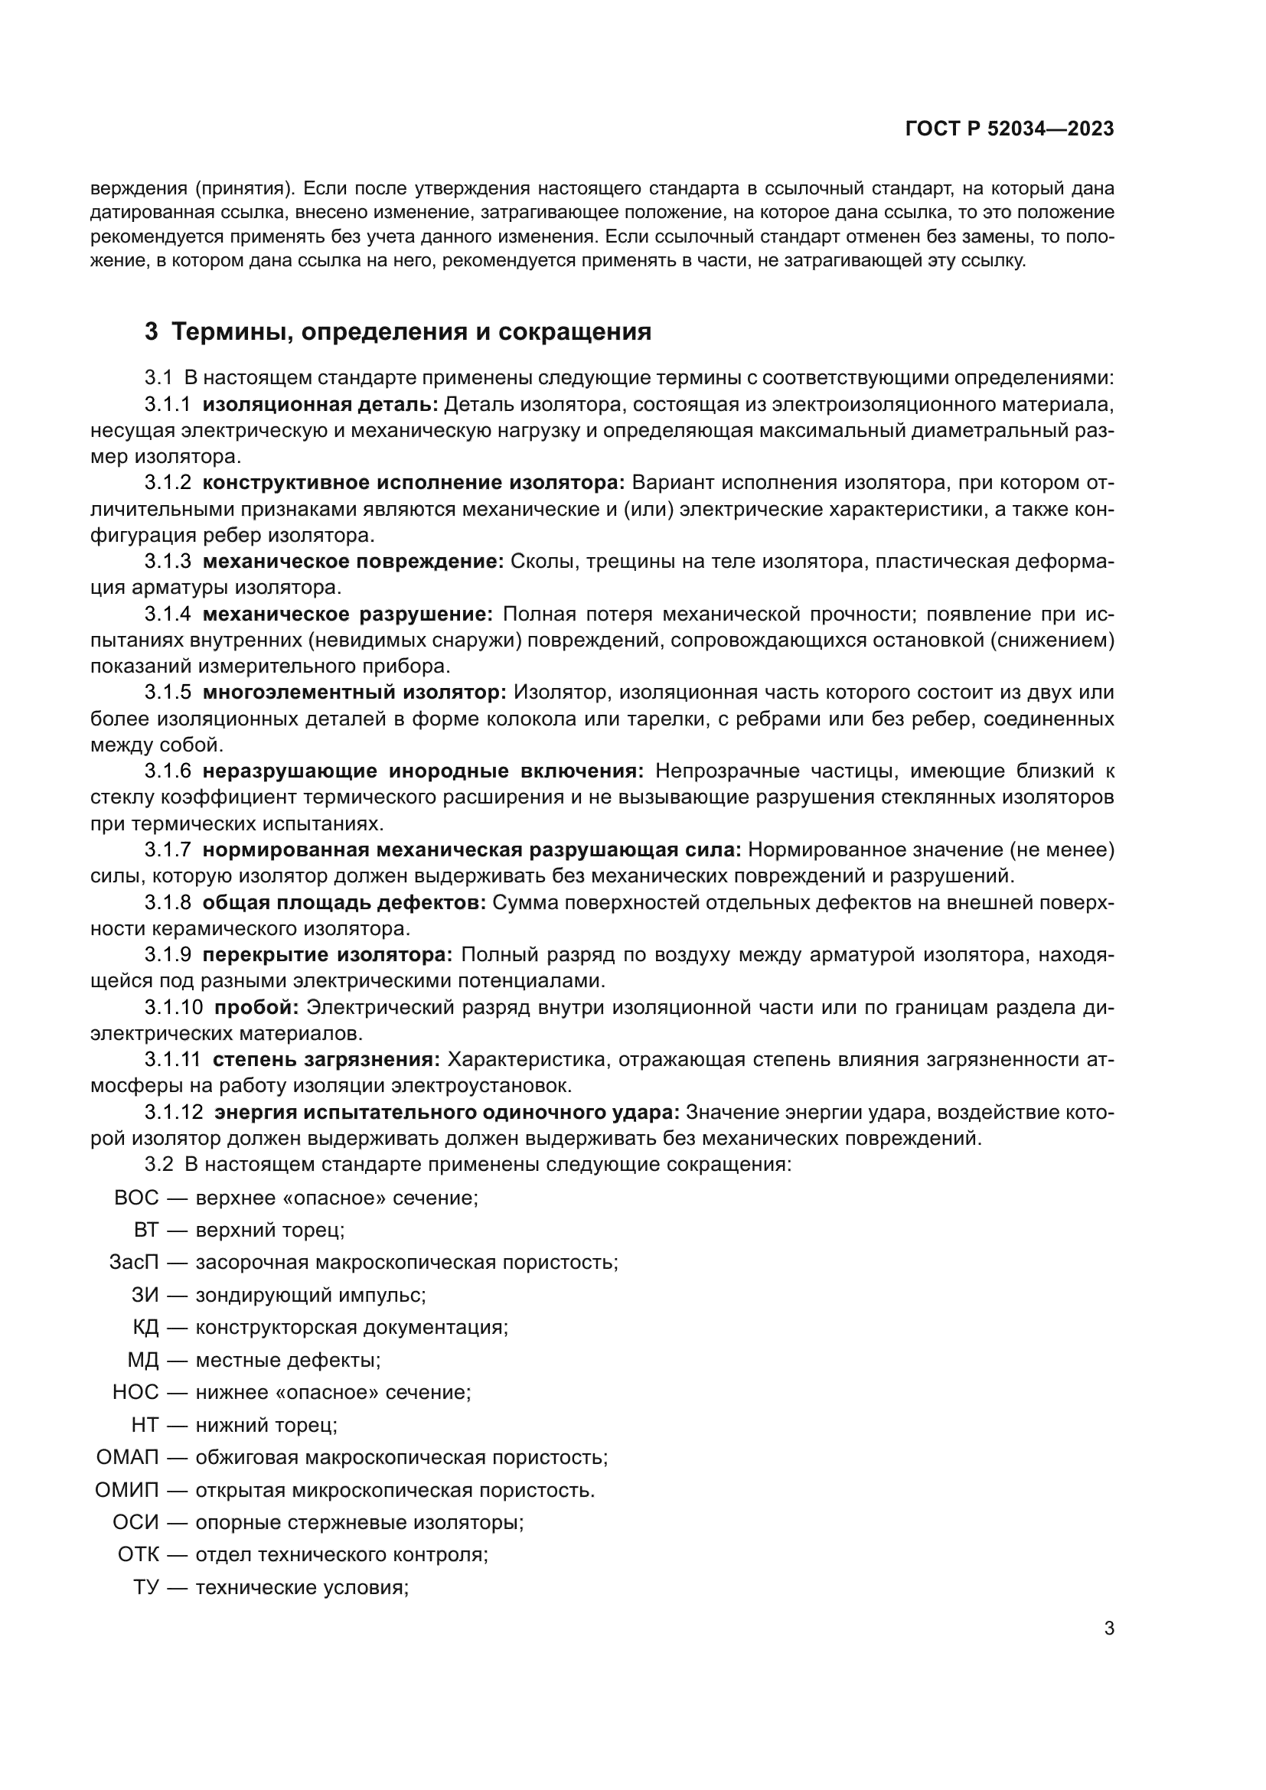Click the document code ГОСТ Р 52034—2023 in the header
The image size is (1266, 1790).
pyautogui.click(x=1010, y=129)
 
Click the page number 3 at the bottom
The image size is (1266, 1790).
pyautogui.click(x=1108, y=1628)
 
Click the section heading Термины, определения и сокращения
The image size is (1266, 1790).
pyautogui.click(x=411, y=331)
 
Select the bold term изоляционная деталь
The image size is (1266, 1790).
pyautogui.click(x=321, y=405)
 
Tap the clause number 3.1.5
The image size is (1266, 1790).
pyautogui.click(x=168, y=692)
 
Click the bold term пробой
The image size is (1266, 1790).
pyautogui.click(x=256, y=1007)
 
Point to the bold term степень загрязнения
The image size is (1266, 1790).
pyautogui.click(x=326, y=1059)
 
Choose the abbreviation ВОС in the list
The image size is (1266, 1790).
pyautogui.click(x=135, y=1198)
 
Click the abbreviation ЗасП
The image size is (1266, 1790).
pyautogui.click(x=133, y=1261)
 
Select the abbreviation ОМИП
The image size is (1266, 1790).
pyautogui.click(x=126, y=1490)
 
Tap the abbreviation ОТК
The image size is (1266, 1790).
pyautogui.click(x=138, y=1554)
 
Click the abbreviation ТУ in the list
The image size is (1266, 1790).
pyautogui.click(x=145, y=1587)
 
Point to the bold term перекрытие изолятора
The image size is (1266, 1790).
pyautogui.click(x=328, y=954)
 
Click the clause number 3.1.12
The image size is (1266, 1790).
pyautogui.click(x=173, y=1112)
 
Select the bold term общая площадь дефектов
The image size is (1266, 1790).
pyautogui.click(x=344, y=902)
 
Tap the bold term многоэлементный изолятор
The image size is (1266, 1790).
pyautogui.click(x=354, y=692)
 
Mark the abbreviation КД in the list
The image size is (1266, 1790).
pyautogui.click(x=145, y=1327)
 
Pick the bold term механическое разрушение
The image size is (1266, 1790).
pyautogui.click(x=347, y=614)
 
